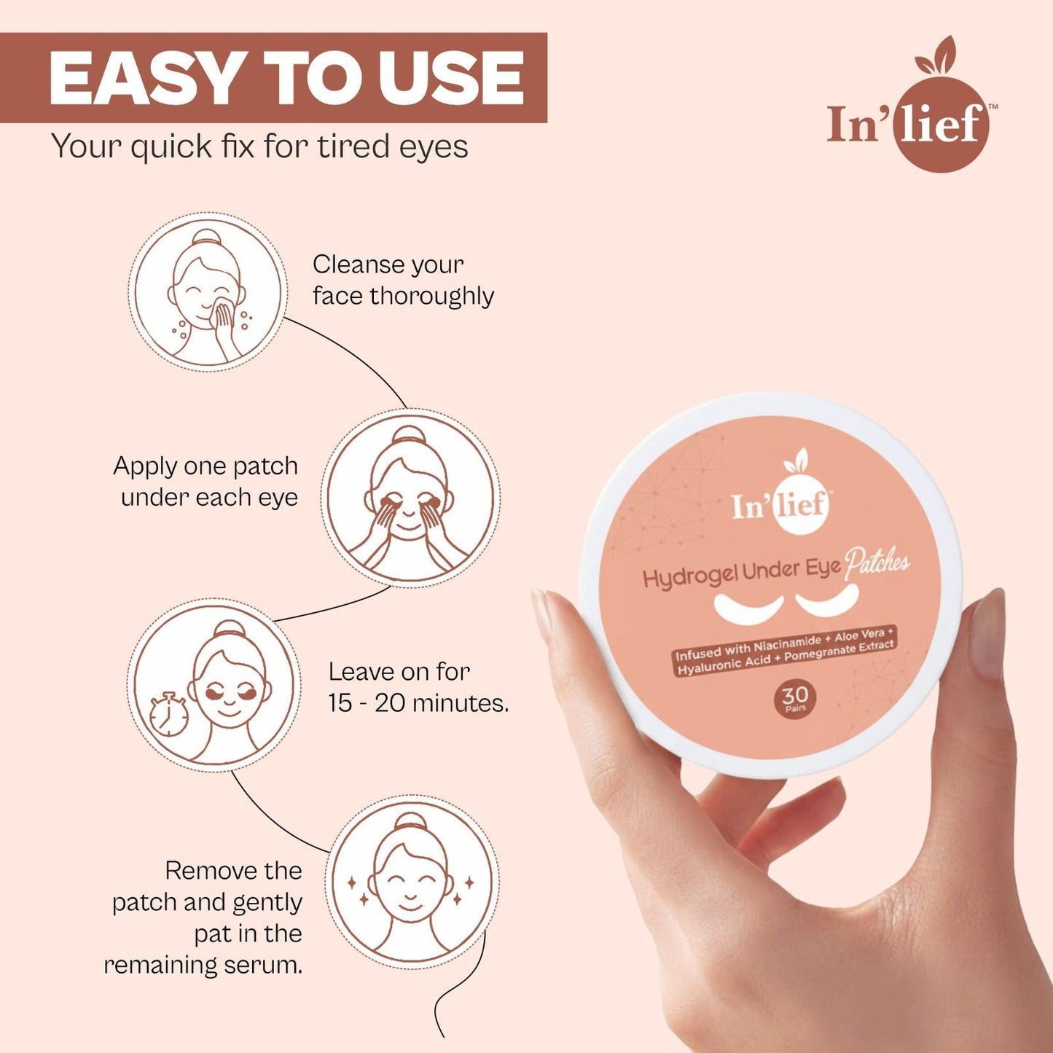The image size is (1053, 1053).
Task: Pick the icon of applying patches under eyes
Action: (410, 498)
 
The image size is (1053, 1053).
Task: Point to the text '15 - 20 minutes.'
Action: (418, 703)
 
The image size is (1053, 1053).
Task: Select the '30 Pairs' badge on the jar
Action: (795, 699)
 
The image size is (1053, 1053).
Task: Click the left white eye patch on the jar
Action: (749, 605)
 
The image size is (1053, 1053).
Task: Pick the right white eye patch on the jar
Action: (827, 598)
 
